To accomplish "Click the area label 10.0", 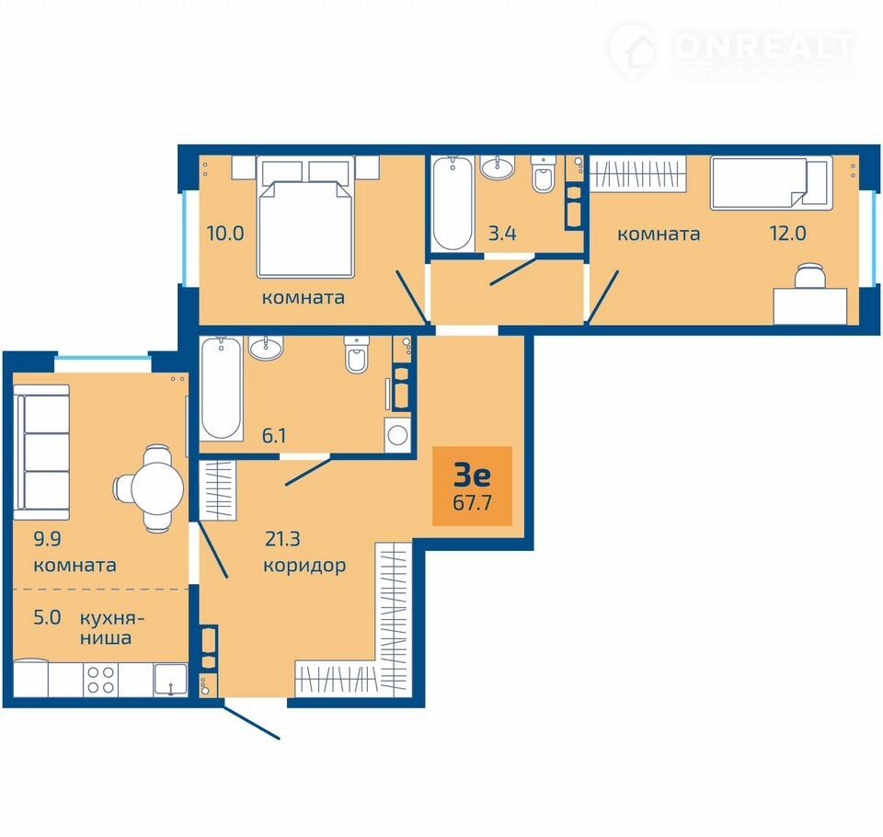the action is coord(225,233).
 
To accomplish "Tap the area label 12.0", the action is coord(788,233).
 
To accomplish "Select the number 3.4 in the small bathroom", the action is coord(502,233).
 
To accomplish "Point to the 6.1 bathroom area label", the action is coord(274,435).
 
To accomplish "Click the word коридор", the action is coord(304,565).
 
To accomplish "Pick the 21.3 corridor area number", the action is coord(282,538).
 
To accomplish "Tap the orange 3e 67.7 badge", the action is coord(472,486).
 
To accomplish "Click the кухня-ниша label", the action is coord(111,627).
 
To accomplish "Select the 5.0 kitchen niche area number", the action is coord(47,617).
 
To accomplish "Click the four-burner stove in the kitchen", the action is coord(101,679).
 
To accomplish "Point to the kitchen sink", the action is coord(170,679).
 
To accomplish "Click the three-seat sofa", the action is coord(41,453).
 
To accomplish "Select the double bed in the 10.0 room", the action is coord(305,217).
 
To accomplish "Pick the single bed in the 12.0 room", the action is coord(771,183).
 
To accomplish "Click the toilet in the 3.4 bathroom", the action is coord(544,174).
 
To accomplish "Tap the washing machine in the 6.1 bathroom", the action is coord(398,435).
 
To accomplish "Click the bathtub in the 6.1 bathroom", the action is coord(222,388).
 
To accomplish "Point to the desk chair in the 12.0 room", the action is coord(809,275).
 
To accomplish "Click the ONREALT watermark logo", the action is coord(732,51).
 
